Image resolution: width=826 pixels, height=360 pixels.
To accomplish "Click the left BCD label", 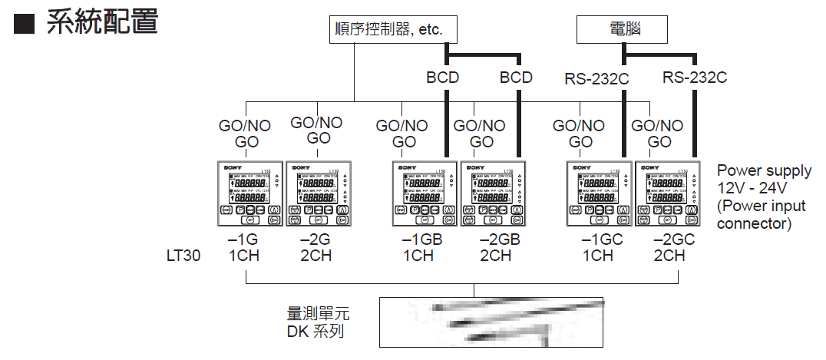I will click(x=443, y=78).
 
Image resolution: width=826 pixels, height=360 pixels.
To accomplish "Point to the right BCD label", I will click(x=516, y=78).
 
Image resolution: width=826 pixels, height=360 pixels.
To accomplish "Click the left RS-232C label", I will click(x=596, y=78).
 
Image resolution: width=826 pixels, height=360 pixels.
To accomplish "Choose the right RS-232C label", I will click(x=695, y=78).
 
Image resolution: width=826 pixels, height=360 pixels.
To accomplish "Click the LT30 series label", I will click(x=183, y=255).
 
